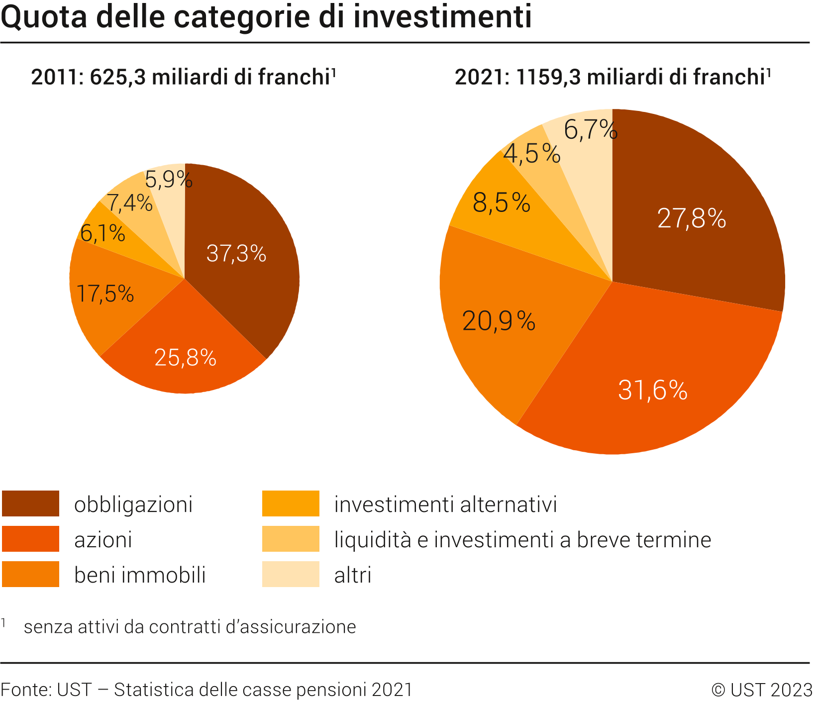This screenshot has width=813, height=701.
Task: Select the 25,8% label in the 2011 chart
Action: (185, 358)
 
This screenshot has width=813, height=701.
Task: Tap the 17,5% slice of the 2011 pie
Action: (105, 294)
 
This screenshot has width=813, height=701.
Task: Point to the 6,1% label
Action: (102, 233)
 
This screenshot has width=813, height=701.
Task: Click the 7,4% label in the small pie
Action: (129, 203)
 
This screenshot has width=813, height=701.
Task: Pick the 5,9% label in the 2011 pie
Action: (168, 179)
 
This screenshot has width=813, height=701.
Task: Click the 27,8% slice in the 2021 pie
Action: (692, 218)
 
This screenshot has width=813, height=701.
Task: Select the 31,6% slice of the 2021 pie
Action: (652, 390)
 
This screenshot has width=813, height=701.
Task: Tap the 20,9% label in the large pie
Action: (499, 321)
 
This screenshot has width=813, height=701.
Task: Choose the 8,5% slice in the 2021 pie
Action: (501, 203)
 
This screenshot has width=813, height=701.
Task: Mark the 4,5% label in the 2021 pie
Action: (531, 153)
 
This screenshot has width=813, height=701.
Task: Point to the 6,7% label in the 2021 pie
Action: (590, 130)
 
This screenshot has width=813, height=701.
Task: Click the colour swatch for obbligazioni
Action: (30, 503)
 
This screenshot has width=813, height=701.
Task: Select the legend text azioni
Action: (103, 540)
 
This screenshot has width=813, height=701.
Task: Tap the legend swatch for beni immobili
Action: (30, 574)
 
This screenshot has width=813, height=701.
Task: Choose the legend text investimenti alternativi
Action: (445, 504)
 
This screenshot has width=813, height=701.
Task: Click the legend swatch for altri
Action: (291, 574)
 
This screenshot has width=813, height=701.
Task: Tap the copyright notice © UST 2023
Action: (761, 690)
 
